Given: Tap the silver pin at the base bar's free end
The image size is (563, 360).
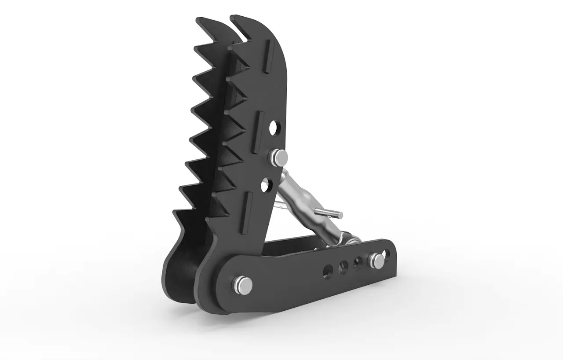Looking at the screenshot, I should pyautogui.click(x=377, y=260).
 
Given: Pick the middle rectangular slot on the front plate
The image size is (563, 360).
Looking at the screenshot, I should pyautogui.click(x=260, y=125).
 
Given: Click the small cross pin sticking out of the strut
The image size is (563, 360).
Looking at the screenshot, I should pyautogui.click(x=329, y=213).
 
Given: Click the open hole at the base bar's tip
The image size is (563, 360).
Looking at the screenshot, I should pyautogui.click(x=387, y=254).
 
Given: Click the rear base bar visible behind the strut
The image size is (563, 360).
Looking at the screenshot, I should pyautogui.click(x=290, y=246).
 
